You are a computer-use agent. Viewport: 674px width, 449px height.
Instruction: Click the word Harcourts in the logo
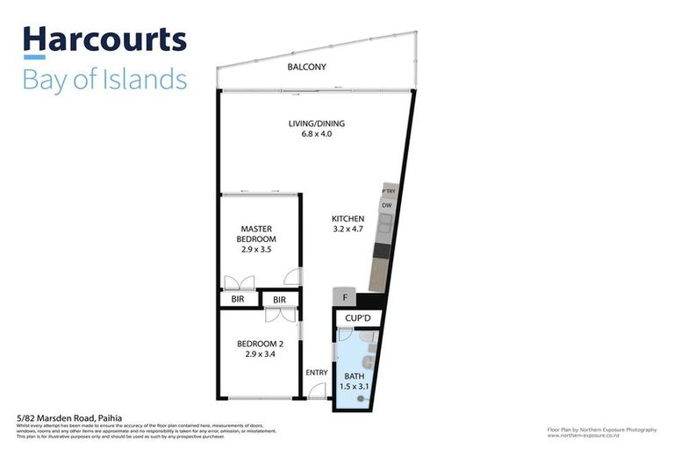pyautogui.click(x=104, y=39)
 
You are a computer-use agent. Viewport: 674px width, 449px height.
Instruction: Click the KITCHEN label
pyautogui.click(x=348, y=218)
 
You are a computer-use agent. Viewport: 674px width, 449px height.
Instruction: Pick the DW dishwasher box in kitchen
pyautogui.click(x=386, y=206)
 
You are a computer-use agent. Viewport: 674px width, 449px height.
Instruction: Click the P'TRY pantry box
pyautogui.click(x=387, y=189)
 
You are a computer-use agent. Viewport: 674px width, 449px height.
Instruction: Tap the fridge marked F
pyautogui.click(x=343, y=297)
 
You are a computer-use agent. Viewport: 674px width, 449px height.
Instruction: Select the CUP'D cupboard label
pyautogui.click(x=357, y=317)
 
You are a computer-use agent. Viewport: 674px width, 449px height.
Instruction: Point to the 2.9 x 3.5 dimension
pyautogui.click(x=258, y=249)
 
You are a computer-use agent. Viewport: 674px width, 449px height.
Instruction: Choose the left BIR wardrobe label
pyautogui.click(x=238, y=300)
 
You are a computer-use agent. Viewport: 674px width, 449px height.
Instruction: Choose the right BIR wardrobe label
pyautogui.click(x=279, y=300)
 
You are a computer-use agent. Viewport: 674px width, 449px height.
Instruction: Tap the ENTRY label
pyautogui.click(x=316, y=373)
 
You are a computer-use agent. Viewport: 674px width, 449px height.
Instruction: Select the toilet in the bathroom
pyautogui.click(x=371, y=360)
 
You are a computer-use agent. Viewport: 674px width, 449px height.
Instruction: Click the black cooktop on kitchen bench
pyautogui.click(x=380, y=251)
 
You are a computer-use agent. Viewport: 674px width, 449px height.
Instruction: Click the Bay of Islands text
pyautogui.click(x=104, y=79)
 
